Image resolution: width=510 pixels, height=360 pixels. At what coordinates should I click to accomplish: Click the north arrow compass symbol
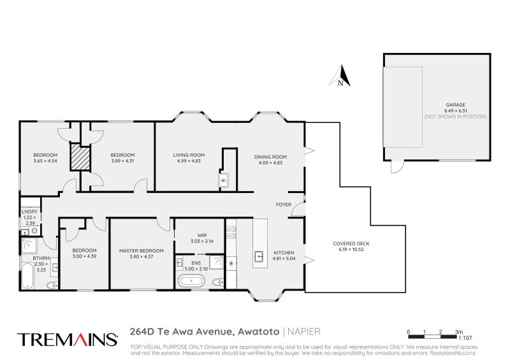click(340, 76)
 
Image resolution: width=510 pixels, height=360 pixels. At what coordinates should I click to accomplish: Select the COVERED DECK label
click(351, 243)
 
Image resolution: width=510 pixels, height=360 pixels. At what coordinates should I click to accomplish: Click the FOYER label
click(283, 205)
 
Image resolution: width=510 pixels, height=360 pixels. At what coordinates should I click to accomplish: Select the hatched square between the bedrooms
click(80, 157)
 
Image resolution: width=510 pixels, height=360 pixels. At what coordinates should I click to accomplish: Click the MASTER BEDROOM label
click(142, 250)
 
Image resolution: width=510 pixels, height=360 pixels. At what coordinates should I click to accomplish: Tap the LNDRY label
click(29, 212)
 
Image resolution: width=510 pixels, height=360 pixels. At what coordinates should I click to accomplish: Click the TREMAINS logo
click(67, 339)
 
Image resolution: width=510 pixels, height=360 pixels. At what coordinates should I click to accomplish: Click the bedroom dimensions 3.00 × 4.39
click(84, 256)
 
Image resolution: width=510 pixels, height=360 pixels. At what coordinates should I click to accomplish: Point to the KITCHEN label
click(284, 253)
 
